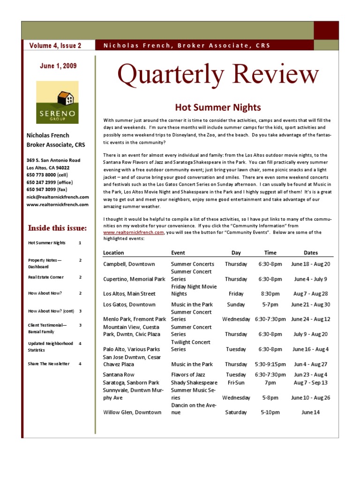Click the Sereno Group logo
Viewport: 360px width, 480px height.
point(58,102)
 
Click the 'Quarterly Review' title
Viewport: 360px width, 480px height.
point(218,75)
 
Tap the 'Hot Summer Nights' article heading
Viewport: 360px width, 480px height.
point(218,108)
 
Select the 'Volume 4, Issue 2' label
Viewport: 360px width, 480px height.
point(55,45)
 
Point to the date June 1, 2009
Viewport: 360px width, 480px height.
point(58,66)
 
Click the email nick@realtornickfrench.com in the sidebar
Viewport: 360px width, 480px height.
point(58,197)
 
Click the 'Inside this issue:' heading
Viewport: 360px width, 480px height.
point(58,228)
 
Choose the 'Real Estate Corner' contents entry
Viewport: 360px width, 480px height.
point(46,277)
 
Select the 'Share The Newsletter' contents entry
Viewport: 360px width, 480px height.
point(49,364)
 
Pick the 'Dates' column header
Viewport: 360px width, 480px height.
point(310,253)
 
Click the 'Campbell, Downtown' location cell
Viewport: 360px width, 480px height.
point(126,264)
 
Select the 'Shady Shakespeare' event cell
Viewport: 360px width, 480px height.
point(194,382)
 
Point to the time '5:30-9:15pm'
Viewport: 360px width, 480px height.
point(270,364)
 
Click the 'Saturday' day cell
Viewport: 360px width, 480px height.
point(236,412)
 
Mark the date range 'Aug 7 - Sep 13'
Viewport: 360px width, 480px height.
point(310,382)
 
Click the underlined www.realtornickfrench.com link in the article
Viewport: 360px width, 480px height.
point(134,232)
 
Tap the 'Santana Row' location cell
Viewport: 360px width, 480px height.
point(119,375)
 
